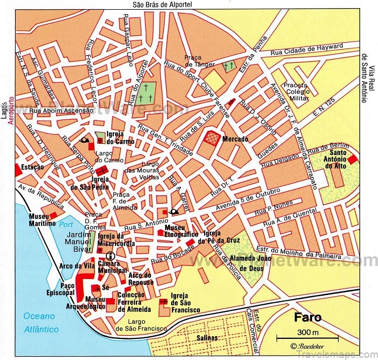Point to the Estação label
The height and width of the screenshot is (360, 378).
click(32, 168)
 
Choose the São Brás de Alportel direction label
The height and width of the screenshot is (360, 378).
click(162, 5)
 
